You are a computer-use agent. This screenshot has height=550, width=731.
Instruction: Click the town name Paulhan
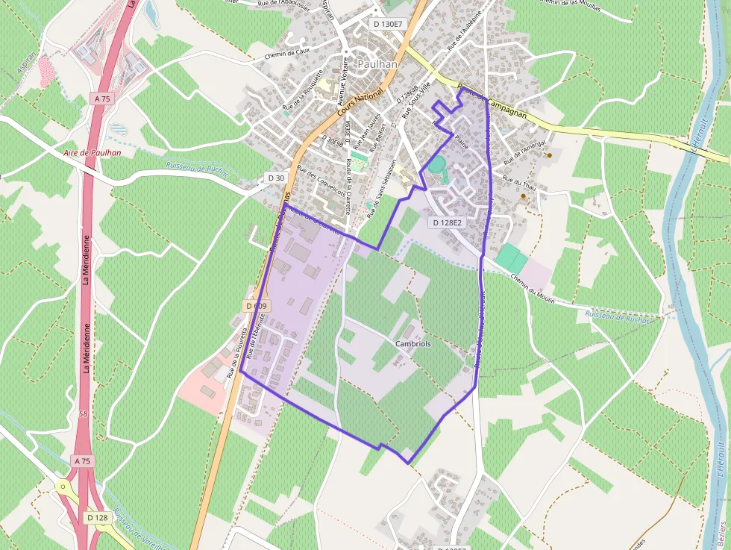[x=377, y=64]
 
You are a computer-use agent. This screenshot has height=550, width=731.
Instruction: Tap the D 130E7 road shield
[x=387, y=24]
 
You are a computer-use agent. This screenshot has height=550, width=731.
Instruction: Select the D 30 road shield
[x=276, y=178]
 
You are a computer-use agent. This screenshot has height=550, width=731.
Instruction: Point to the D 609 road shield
[x=256, y=306]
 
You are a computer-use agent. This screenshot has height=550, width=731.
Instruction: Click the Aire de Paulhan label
[x=93, y=153]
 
